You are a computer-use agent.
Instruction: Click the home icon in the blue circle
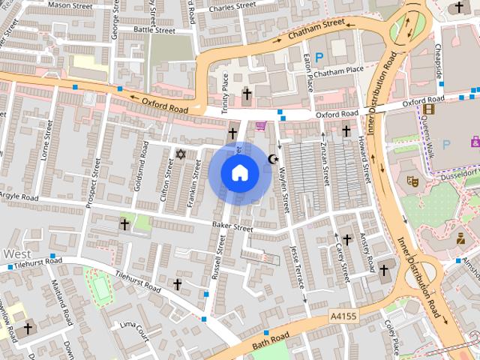239,173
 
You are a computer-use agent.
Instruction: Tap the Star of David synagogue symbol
179,154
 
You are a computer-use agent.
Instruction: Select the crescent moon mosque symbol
273,159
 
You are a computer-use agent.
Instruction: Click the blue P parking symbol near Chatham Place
319,57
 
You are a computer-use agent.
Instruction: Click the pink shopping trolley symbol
260,125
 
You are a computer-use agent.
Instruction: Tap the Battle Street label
154,30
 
